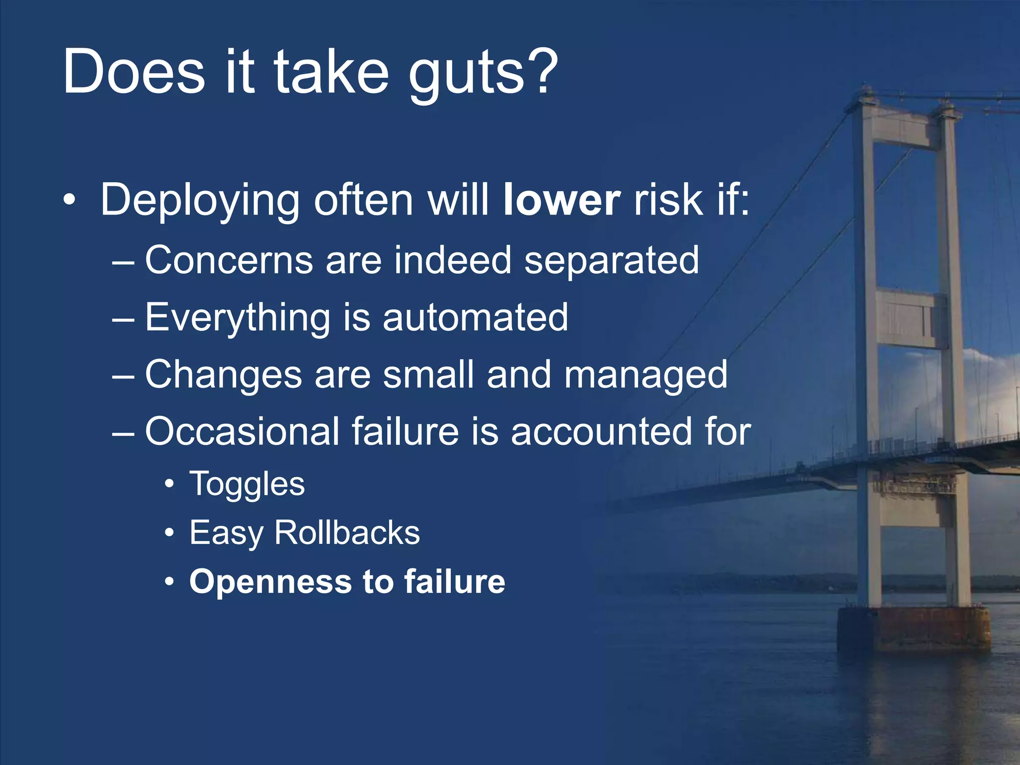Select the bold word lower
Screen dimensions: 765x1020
point(561,200)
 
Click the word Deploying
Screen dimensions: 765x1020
point(199,202)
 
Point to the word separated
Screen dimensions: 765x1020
point(611,261)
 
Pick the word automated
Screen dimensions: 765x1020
point(475,318)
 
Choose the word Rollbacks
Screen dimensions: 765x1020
point(347,533)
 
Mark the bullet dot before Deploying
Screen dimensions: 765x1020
point(70,201)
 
